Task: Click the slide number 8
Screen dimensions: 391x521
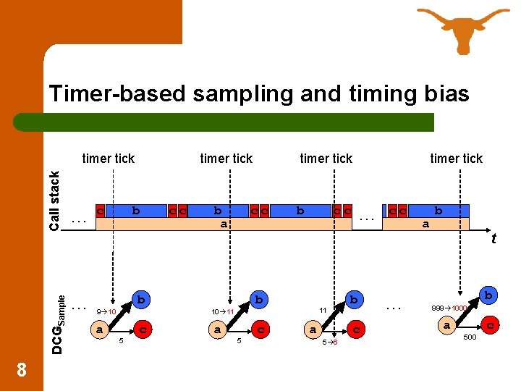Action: [22, 370]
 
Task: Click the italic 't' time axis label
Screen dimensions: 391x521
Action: [494, 237]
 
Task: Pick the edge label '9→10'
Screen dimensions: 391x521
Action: [106, 311]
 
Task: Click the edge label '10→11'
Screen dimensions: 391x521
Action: [221, 311]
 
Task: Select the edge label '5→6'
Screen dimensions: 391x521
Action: [330, 342]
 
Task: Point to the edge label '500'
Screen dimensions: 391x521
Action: [469, 337]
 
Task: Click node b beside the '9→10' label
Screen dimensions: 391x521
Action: [142, 299]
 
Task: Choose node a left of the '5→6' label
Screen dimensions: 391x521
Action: [312, 329]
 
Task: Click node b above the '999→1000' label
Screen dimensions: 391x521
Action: [489, 295]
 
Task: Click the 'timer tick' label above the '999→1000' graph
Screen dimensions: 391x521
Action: [456, 159]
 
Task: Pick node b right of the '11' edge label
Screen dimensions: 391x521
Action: [354, 299]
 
